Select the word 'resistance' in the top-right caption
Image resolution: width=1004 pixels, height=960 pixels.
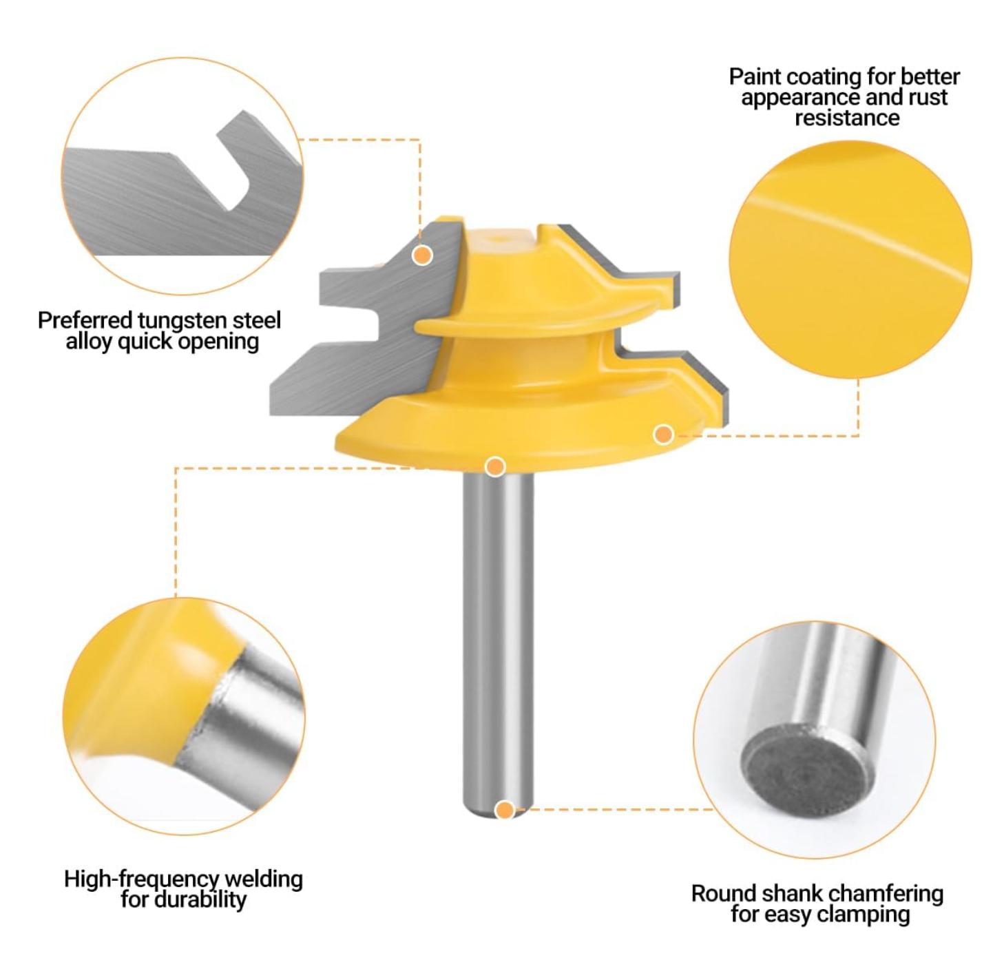[846, 118]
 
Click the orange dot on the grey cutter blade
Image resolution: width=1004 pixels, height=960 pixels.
[422, 255]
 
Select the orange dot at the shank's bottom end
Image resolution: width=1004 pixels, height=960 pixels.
[505, 810]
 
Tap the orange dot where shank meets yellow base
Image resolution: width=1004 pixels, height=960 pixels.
[495, 467]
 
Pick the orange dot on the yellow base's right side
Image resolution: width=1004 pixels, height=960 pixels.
[663, 434]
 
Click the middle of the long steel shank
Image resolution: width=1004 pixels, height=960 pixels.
[498, 640]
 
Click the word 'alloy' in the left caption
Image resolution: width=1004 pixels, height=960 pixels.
[88, 342]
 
